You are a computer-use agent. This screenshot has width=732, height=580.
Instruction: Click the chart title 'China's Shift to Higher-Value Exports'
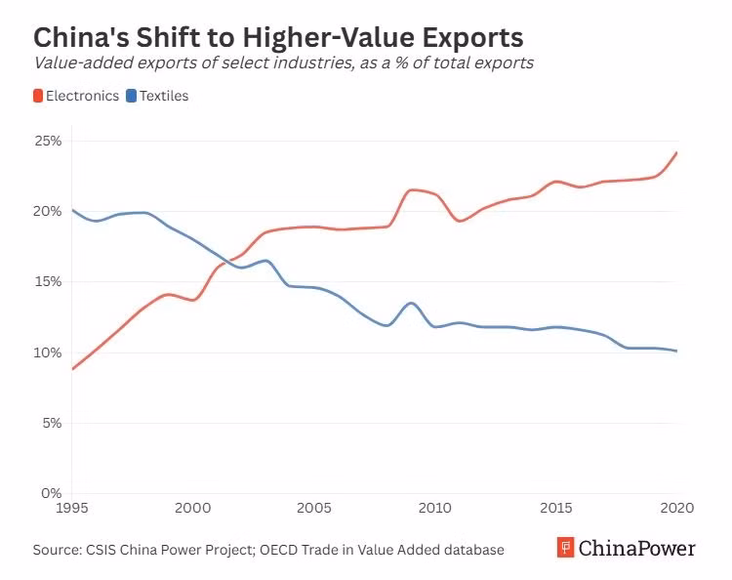pos(278,37)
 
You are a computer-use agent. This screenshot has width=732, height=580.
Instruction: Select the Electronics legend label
pos(82,96)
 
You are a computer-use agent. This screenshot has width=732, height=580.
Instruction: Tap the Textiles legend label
pos(164,96)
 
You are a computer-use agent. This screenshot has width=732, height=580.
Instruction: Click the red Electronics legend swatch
pos(38,96)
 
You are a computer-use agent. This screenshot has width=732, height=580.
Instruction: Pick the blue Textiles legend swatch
pos(131,96)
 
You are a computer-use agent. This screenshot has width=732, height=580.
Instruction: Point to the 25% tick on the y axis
pos(49,141)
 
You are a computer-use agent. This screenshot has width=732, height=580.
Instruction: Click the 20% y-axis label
pos(49,211)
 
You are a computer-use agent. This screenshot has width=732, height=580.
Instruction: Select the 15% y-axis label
pos(49,281)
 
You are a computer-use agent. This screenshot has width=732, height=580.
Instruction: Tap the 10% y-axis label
pos(49,352)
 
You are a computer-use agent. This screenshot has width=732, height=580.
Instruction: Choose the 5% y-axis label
pos(52,423)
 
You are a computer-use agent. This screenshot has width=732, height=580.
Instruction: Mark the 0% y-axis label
pos(52,493)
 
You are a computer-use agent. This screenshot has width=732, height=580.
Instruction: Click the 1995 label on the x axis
pos(71,508)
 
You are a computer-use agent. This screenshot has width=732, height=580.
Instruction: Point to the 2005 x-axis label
pos(313,508)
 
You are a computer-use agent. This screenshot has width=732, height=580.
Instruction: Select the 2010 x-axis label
pos(434,508)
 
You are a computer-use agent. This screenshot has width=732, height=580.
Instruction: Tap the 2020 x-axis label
pos(676,508)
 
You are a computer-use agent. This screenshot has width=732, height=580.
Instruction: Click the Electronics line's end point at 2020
pos(676,152)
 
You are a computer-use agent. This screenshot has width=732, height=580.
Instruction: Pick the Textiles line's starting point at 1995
pos(72,210)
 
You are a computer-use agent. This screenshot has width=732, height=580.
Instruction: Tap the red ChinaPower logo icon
pos(565,548)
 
